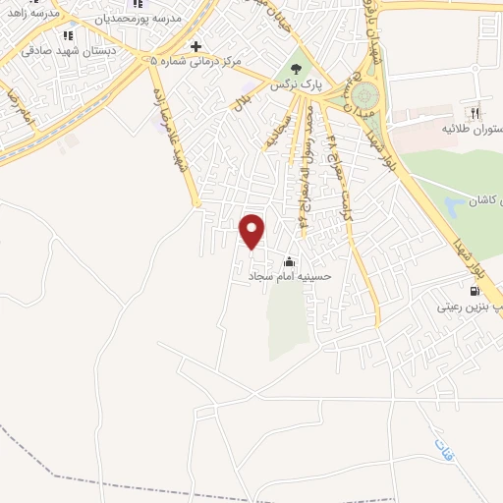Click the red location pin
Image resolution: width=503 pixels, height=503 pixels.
click(x=253, y=232)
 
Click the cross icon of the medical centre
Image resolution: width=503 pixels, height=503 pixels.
click(x=196, y=47)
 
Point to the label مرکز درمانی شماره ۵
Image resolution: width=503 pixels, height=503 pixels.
click(x=196, y=62)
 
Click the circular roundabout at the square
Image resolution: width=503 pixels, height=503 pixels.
click(x=365, y=96)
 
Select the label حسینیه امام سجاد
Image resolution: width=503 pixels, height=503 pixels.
click(x=291, y=277)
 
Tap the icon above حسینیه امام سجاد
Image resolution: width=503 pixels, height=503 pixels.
click(x=289, y=262)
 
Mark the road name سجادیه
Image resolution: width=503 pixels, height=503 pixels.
click(x=271, y=134)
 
